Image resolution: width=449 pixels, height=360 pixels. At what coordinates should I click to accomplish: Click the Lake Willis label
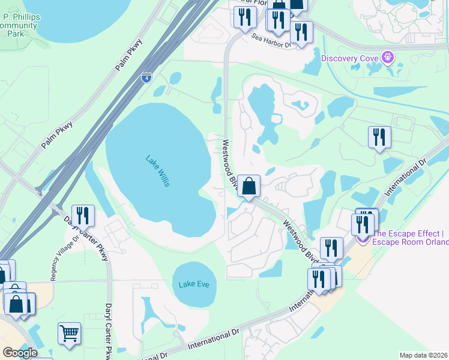158,170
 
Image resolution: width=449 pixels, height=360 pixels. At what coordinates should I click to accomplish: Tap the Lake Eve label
193,284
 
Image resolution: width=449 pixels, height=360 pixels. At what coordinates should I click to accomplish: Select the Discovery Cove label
351,58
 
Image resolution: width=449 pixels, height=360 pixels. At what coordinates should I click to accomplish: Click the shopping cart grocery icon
69,334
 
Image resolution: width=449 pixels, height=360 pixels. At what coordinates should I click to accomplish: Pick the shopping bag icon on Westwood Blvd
249,185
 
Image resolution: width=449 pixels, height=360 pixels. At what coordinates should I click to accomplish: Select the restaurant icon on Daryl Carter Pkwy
83,215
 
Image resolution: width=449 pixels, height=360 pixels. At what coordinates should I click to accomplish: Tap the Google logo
20,353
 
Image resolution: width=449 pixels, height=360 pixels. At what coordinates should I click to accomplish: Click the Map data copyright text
424,355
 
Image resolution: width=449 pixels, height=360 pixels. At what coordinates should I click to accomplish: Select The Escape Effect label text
411,238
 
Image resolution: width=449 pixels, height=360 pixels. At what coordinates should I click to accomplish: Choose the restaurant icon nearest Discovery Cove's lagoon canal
379,137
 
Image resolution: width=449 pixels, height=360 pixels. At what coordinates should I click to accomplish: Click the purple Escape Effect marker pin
363,238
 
